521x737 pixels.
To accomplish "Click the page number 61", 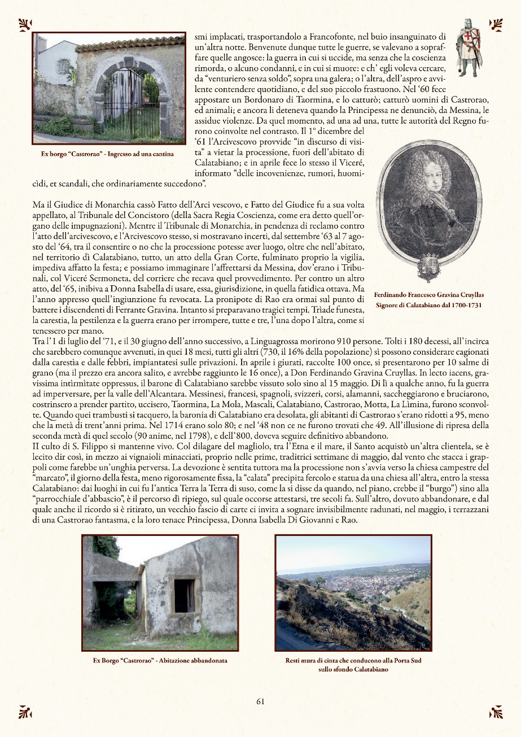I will click(260, 701).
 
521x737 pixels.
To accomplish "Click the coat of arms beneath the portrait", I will click(430, 266).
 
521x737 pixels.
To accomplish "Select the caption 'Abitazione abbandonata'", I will click(160, 660).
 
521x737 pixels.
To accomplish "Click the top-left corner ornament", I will click(25, 24).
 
